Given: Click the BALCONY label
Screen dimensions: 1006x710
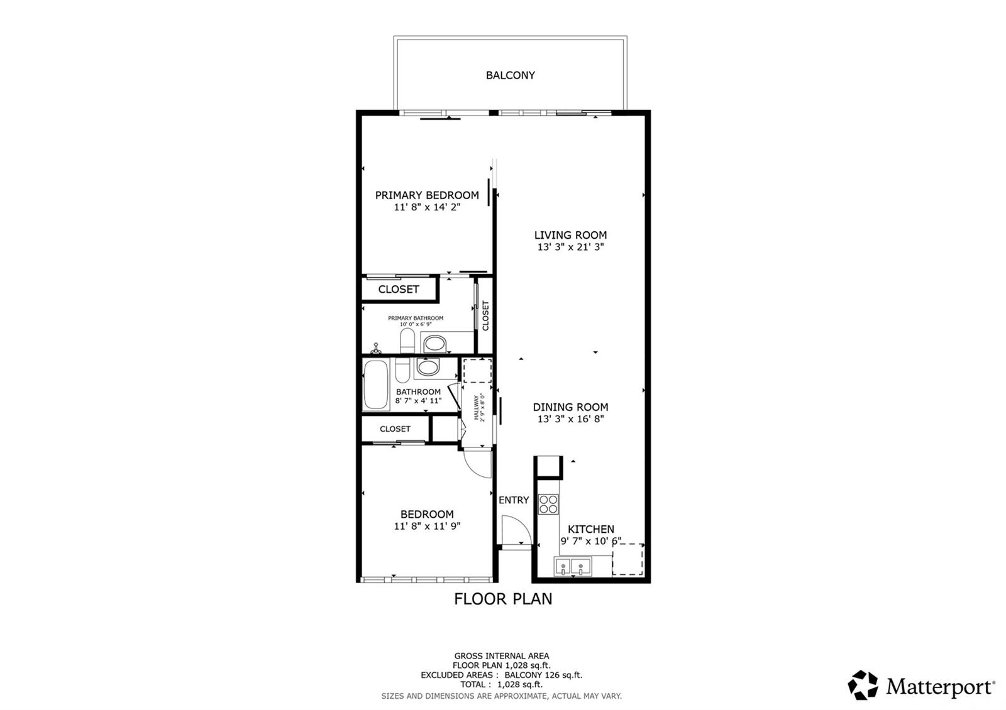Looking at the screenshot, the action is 510,75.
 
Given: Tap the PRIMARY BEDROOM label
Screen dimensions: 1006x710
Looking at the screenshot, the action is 427,195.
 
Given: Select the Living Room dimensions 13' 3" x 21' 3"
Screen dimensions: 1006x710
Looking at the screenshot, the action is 570,246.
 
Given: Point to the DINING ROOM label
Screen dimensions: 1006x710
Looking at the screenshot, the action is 570,407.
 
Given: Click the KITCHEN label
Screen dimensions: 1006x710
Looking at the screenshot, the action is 590,529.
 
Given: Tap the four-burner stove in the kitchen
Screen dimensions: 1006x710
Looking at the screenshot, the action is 548,504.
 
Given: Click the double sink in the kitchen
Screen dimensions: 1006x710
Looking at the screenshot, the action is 573,567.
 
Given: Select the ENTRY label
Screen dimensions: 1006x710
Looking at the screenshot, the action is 514,500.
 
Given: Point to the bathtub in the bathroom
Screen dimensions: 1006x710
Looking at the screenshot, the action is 375,385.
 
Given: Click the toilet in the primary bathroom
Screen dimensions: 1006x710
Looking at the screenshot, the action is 407,341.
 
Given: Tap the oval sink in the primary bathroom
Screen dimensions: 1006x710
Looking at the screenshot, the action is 434,344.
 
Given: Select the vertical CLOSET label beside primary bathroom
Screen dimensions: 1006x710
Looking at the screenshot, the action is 485,315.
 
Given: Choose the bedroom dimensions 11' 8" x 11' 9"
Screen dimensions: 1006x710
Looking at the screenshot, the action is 427,525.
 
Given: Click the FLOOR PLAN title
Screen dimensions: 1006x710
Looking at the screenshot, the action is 503,599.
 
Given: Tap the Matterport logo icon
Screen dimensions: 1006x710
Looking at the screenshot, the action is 863,685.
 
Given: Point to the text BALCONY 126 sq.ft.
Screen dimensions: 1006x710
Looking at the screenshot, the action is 543,675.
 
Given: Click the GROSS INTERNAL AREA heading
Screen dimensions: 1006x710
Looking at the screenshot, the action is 502,656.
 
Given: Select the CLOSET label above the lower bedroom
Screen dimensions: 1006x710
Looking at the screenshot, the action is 395,429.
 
